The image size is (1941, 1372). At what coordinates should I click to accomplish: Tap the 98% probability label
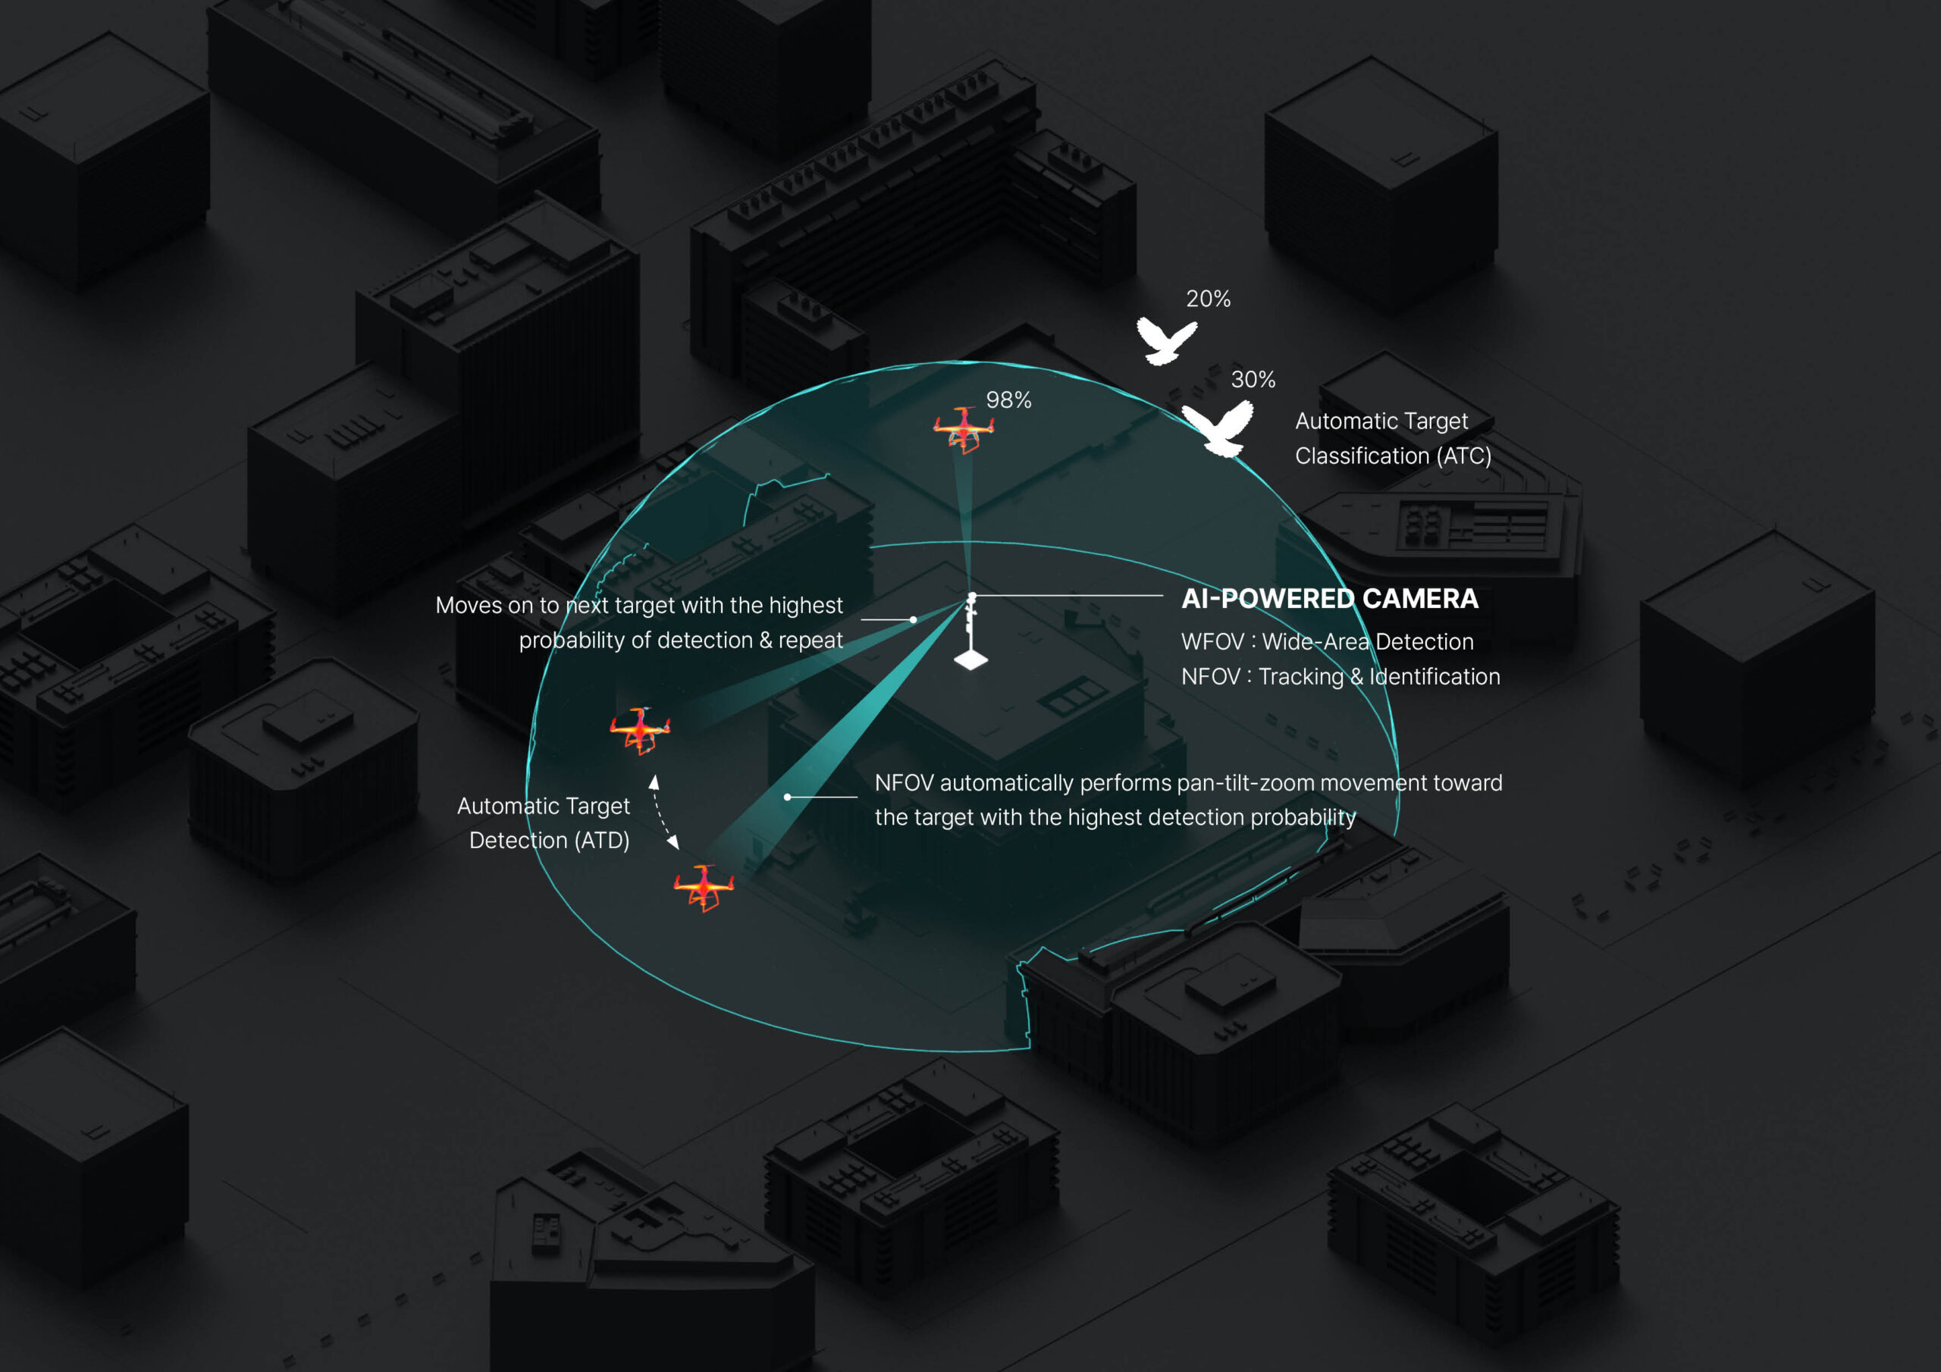[1008, 399]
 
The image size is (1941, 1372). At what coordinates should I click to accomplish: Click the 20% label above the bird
[1208, 299]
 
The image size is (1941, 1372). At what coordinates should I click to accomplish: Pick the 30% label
[1253, 380]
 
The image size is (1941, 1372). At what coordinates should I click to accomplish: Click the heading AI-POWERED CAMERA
[1330, 599]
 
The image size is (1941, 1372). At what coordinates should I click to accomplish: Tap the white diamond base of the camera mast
[970, 659]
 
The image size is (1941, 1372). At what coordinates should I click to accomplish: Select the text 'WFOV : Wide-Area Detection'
[1328, 641]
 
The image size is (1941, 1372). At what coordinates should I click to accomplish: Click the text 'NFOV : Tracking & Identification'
[1341, 676]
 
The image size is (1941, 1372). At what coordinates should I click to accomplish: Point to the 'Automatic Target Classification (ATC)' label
[1393, 438]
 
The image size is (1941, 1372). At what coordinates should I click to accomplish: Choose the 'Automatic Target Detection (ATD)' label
[544, 822]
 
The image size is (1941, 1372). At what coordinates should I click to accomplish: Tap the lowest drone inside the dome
[704, 887]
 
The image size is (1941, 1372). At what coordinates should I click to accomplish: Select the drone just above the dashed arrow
[640, 731]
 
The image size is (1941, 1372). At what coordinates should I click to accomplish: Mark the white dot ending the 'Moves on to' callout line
[913, 619]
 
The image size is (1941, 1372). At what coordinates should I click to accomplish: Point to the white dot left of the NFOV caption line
[787, 797]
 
